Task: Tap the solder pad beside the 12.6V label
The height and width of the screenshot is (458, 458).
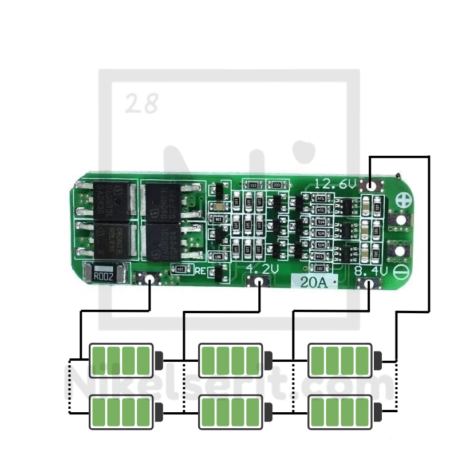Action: (372, 185)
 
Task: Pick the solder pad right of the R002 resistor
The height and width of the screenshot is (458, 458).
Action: (149, 279)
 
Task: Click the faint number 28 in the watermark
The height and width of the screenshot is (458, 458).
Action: (141, 104)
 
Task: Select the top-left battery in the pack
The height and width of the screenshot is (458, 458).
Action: (122, 361)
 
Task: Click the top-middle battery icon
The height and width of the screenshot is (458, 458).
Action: (231, 361)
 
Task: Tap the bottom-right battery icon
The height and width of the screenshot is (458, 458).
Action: (340, 411)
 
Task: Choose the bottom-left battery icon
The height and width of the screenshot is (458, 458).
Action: (122, 411)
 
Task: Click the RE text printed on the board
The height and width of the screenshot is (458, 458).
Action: (200, 271)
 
